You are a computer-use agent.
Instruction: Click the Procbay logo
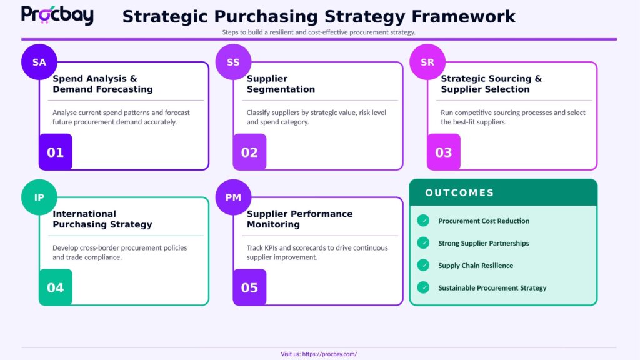click(x=57, y=15)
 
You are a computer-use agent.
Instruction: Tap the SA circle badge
click(x=39, y=62)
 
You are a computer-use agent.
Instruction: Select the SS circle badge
click(x=233, y=62)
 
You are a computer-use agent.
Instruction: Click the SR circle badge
click(x=427, y=62)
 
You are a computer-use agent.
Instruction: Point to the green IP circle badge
click(x=39, y=197)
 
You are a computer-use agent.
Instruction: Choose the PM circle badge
click(x=233, y=197)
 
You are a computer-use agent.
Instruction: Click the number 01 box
click(x=56, y=152)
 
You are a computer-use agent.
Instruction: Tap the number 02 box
click(x=249, y=152)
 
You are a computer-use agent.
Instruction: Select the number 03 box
click(x=444, y=152)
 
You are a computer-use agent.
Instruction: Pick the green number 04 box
click(x=56, y=287)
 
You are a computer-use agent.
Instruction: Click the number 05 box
click(x=249, y=287)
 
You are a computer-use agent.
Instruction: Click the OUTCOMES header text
click(x=459, y=193)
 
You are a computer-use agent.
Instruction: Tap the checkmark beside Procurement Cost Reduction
click(x=424, y=221)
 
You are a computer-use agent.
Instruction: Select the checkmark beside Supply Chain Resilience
click(x=424, y=266)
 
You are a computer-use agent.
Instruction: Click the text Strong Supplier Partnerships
click(x=483, y=243)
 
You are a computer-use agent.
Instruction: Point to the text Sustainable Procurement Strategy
click(x=492, y=288)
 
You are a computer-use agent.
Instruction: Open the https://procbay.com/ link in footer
click(x=329, y=354)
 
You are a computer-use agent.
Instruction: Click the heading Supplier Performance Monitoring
click(x=299, y=219)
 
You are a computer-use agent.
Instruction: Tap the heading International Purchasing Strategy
click(x=102, y=219)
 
